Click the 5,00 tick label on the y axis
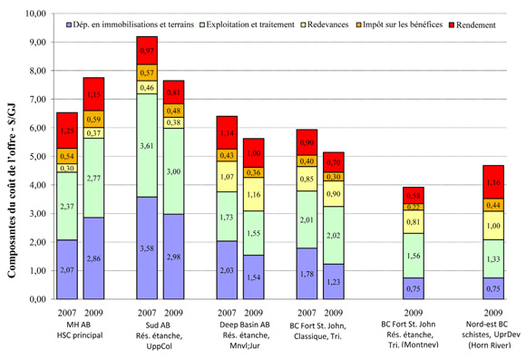click(32, 156)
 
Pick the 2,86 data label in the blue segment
click(93, 258)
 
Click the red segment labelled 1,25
click(67, 131)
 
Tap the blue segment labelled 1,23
click(333, 281)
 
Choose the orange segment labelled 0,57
click(147, 72)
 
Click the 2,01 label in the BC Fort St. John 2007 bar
click(307, 219)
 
